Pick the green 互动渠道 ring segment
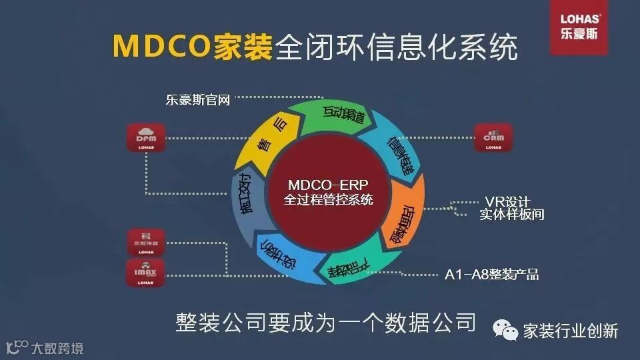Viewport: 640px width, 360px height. [x=333, y=116]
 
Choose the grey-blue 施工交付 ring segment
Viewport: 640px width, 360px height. [x=243, y=197]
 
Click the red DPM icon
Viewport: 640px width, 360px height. [x=145, y=137]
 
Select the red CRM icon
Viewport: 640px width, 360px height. [x=493, y=137]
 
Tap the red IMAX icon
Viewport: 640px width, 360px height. [x=145, y=273]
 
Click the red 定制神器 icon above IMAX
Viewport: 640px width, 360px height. [x=145, y=243]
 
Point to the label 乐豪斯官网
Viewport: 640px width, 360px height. [x=197, y=101]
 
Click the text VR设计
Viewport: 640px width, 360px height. [x=506, y=202]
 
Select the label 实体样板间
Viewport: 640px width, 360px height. [x=511, y=215]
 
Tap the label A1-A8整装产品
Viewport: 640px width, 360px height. [x=491, y=274]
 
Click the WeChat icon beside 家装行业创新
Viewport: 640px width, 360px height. [x=505, y=331]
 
